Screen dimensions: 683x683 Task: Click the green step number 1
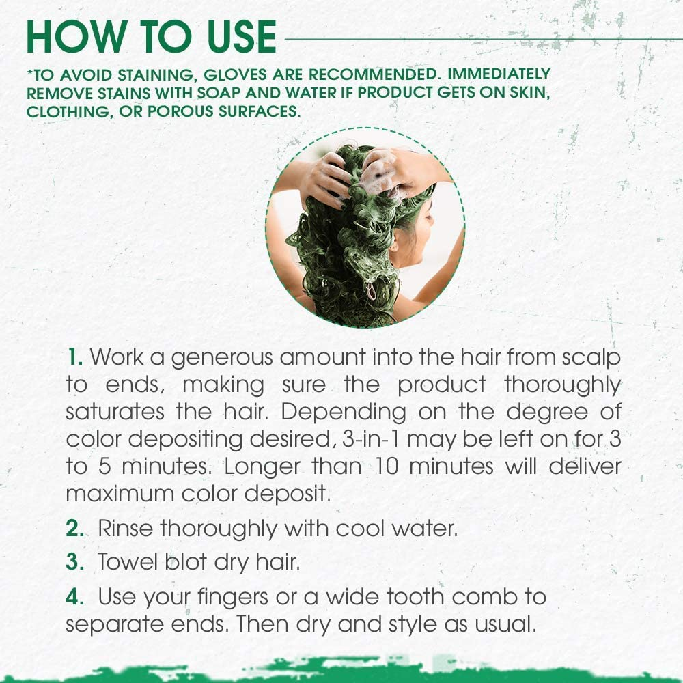point(74,357)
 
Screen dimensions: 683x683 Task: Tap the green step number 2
point(74,529)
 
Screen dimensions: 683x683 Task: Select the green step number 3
point(74,562)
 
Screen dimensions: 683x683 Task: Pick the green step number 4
point(74,596)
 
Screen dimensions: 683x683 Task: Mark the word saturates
point(115,413)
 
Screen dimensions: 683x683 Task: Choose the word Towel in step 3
point(127,562)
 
